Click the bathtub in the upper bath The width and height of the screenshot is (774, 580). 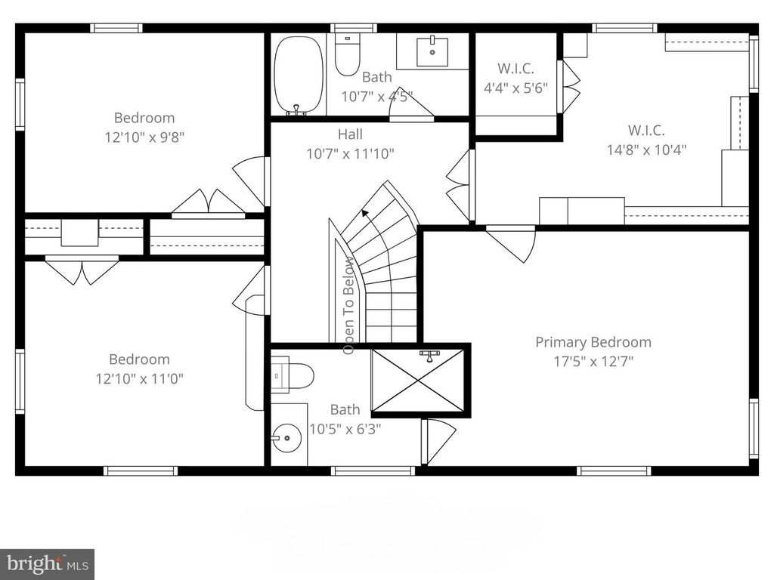(x=299, y=75)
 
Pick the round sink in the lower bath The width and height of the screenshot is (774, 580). (x=286, y=438)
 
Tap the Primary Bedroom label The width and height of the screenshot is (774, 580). (x=593, y=342)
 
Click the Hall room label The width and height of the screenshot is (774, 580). (x=350, y=134)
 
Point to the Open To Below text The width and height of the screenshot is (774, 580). (x=349, y=306)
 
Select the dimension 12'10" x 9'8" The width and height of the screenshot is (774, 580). (x=144, y=137)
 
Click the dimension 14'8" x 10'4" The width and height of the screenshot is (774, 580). (x=646, y=150)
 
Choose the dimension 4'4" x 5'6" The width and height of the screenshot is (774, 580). (x=515, y=87)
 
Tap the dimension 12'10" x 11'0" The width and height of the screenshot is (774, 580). (x=139, y=378)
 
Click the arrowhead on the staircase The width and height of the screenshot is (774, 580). (x=365, y=213)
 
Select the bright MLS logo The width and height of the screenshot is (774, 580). (x=47, y=563)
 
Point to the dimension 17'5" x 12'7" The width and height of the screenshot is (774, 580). (x=593, y=361)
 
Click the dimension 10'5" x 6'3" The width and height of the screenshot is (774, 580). (x=345, y=429)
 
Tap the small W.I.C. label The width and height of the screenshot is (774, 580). (x=515, y=67)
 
